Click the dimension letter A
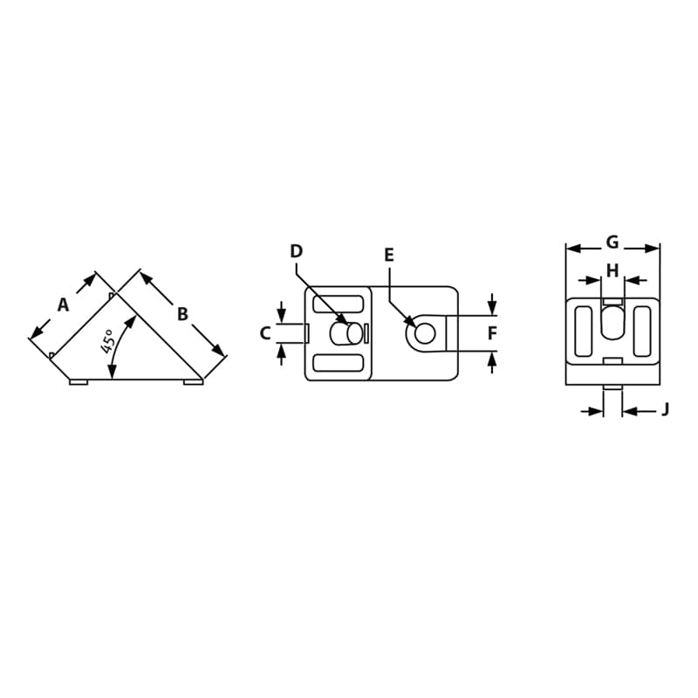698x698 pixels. point(63,305)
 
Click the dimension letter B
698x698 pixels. point(182,314)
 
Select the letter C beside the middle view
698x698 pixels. point(265,333)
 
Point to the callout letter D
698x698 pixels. point(296,251)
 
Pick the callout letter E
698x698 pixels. point(389,255)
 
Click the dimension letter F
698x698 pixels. point(492,333)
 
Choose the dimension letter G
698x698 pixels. point(612,242)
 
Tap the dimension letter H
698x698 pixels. point(612,270)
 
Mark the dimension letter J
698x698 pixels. point(665,409)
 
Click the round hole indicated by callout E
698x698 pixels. point(425,333)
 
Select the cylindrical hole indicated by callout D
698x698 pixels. point(347,333)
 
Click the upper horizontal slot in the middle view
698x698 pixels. point(338,305)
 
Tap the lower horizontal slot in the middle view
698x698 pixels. point(338,362)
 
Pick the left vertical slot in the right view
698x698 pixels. point(583,331)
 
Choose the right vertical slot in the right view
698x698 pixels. point(642,331)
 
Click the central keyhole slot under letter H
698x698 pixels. point(612,322)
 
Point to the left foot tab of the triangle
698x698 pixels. point(79,382)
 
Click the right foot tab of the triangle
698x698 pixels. point(193,382)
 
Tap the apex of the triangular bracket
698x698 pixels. point(117,294)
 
